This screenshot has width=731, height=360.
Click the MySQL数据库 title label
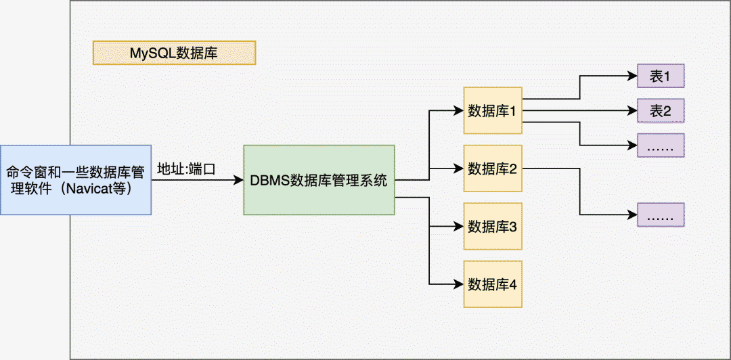174,53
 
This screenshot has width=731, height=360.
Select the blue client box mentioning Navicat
75,179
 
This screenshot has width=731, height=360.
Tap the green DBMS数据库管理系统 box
319,180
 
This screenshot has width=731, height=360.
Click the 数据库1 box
493,110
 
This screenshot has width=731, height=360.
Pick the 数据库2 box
493,168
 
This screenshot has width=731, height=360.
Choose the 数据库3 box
493,226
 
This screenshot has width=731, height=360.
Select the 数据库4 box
493,284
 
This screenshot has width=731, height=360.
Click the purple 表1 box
661,76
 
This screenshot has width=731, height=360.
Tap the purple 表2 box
661,111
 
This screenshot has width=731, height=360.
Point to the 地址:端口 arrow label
186,168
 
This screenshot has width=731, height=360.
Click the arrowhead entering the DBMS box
239,180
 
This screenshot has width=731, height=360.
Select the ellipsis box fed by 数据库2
661,215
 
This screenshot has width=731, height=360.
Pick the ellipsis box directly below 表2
661,145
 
